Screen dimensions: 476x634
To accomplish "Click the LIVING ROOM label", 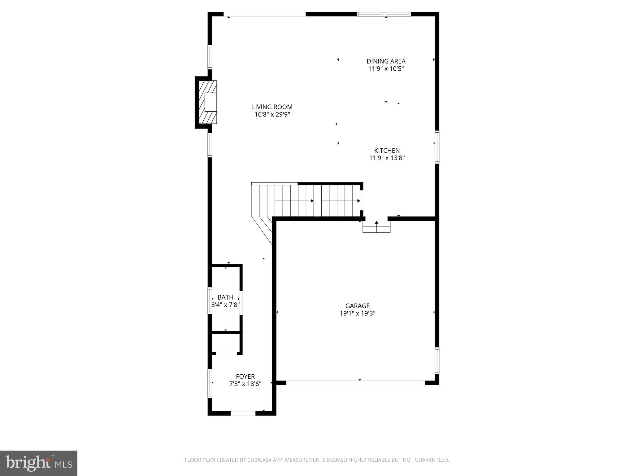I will click(x=272, y=107).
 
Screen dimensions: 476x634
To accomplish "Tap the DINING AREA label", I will click(x=386, y=61).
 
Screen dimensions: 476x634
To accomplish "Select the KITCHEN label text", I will click(x=387, y=151).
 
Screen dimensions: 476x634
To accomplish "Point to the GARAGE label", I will click(x=357, y=306).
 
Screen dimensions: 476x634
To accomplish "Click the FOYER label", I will click(x=245, y=377).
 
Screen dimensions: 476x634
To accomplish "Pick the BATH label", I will click(x=225, y=297).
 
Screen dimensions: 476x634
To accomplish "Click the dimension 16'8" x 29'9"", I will click(x=272, y=115).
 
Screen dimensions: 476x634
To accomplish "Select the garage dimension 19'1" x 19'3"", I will click(x=357, y=313).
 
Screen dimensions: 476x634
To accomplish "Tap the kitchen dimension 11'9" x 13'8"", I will click(x=387, y=158).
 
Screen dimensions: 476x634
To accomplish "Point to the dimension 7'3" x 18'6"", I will click(x=245, y=384).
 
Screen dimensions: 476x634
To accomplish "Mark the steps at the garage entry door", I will click(x=376, y=227).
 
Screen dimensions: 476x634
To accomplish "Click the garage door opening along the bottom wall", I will click(x=355, y=383).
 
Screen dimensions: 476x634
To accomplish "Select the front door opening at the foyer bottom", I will click(x=243, y=413).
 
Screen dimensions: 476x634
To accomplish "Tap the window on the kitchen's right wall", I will click(x=437, y=147).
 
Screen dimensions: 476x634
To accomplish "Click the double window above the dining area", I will click(x=384, y=14).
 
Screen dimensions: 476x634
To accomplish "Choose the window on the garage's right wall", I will click(x=437, y=360).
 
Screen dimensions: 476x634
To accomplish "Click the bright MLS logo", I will click(x=39, y=463).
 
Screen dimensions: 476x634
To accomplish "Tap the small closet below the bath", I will click(x=226, y=343).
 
